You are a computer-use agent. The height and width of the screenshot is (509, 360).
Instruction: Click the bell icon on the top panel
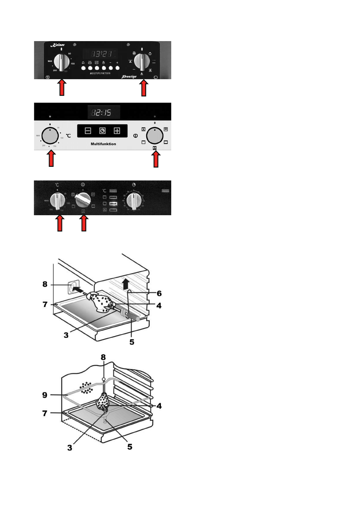tap(83, 63)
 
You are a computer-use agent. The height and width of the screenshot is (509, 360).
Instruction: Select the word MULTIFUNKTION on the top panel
tap(100, 73)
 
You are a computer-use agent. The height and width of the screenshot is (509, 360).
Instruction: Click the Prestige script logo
tap(129, 76)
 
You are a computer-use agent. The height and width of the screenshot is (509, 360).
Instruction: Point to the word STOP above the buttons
tap(97, 62)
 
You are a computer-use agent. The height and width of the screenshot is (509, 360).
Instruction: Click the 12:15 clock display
tap(103, 112)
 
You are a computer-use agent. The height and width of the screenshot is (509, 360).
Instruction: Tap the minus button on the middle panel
tap(88, 131)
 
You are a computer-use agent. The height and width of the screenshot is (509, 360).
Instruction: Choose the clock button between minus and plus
tap(102, 131)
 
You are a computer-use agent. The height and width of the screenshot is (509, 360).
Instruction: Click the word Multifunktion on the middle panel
tap(103, 144)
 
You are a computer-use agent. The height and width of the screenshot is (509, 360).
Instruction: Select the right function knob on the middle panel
tap(155, 136)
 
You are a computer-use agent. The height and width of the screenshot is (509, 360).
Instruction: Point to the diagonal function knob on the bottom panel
tap(83, 199)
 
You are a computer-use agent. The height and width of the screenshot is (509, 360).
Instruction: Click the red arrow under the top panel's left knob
tap(62, 88)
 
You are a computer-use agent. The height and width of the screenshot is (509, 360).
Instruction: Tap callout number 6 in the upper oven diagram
tap(159, 293)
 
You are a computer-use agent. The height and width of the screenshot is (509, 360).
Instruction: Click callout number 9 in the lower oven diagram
tap(45, 395)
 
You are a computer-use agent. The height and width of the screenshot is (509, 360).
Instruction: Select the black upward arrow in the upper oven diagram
tap(126, 284)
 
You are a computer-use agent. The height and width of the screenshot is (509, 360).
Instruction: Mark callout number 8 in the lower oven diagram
tap(103, 357)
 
